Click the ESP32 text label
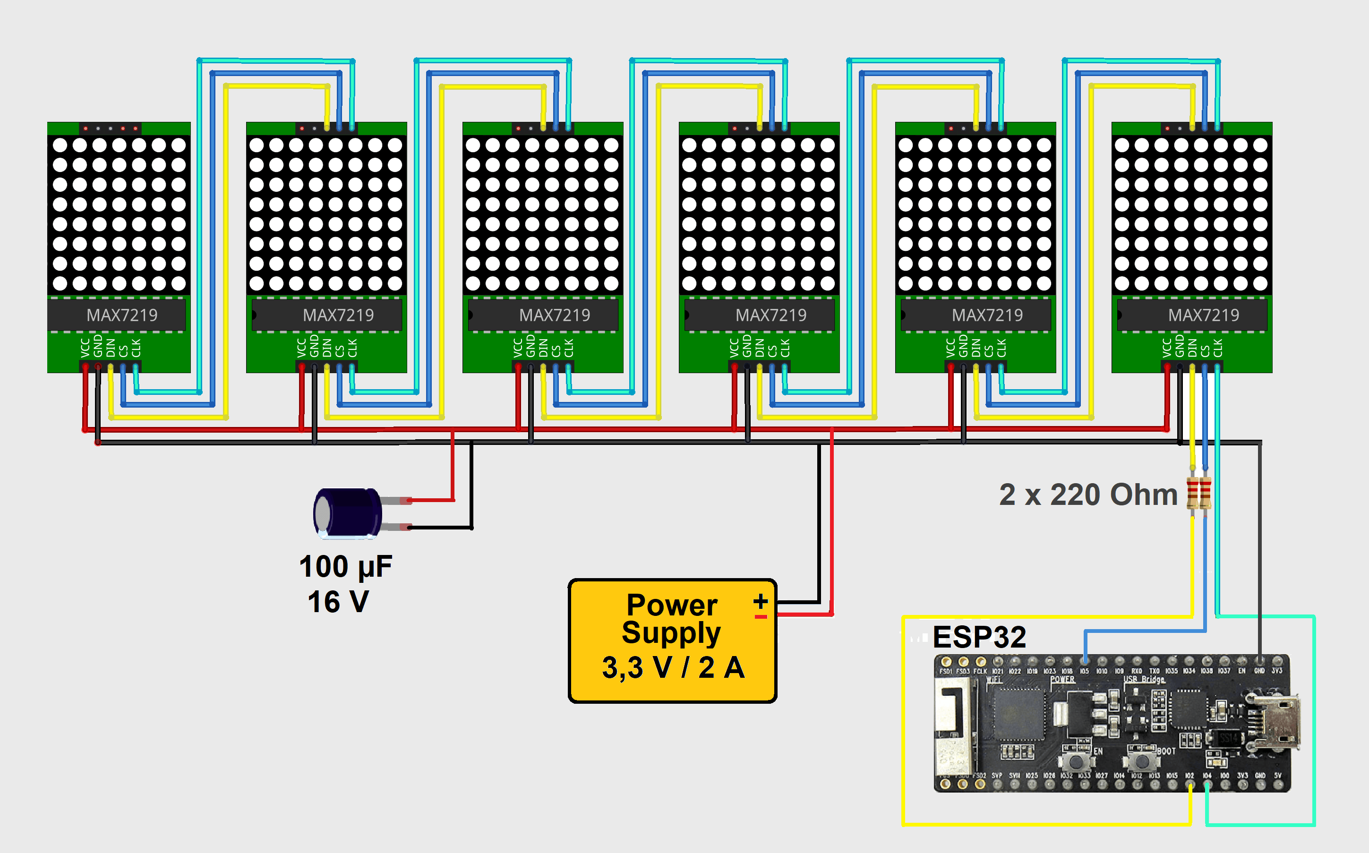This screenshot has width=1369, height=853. (979, 637)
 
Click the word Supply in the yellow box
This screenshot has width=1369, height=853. (671, 633)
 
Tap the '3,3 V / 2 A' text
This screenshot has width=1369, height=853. (673, 667)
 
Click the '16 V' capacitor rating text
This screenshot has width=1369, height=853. (338, 601)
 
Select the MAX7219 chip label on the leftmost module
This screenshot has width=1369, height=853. (122, 315)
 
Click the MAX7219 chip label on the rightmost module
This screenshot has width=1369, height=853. (1203, 315)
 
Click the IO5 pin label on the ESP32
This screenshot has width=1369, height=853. (1084, 671)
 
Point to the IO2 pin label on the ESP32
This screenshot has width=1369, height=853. (1189, 776)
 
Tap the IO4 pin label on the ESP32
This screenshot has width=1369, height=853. (1206, 776)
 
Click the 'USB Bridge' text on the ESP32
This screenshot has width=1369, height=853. (1144, 679)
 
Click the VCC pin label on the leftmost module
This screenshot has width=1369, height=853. (85, 348)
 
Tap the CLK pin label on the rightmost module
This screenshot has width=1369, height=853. (1217, 348)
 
